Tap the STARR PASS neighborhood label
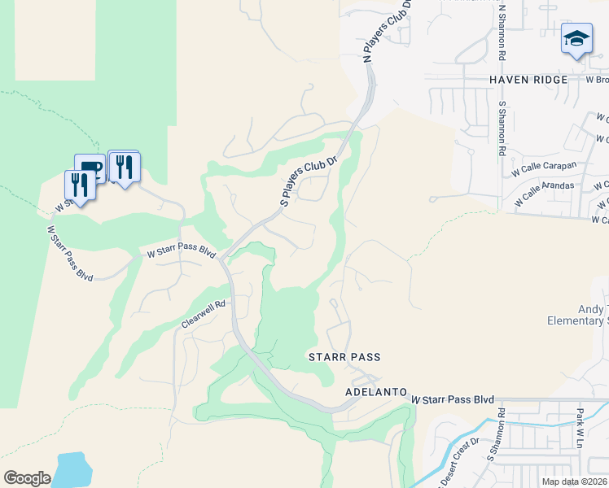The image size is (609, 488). tap(344, 357)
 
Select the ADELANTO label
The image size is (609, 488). tap(376, 392)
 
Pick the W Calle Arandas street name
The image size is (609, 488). tap(544, 194)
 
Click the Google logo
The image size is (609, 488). tap(27, 477)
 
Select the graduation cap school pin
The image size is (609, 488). tap(576, 39)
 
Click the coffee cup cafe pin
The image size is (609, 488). tap(90, 169)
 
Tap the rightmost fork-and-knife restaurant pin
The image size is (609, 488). tap(124, 168)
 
